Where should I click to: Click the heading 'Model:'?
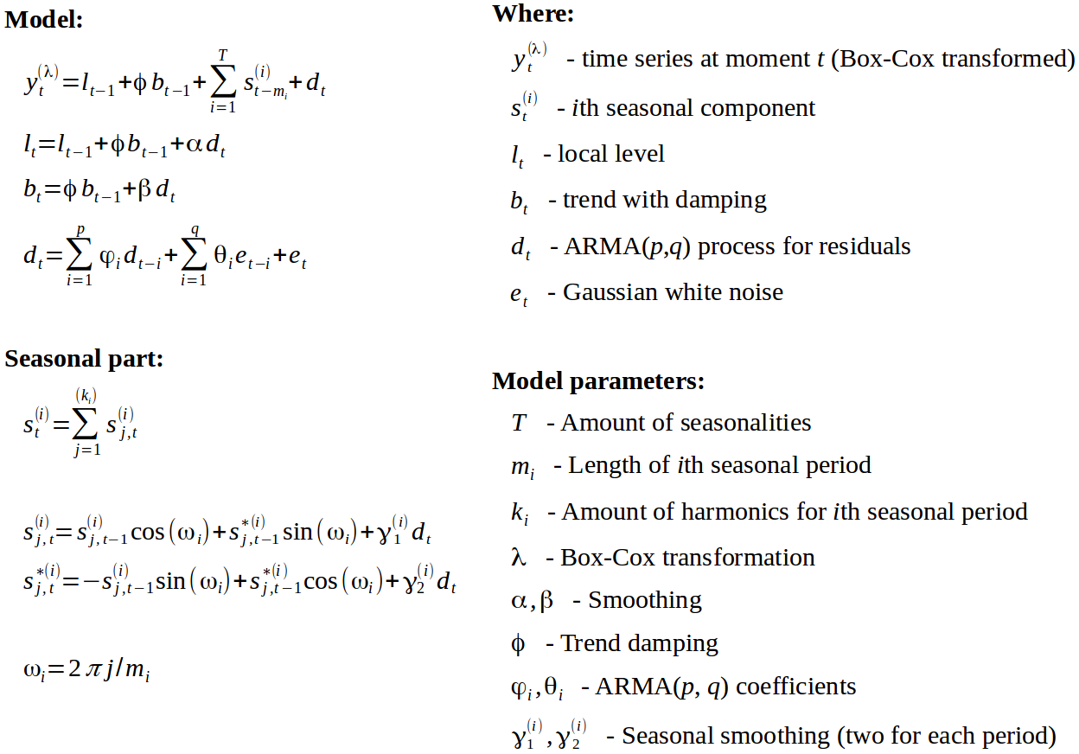click(x=44, y=19)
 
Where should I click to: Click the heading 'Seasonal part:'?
click(x=84, y=359)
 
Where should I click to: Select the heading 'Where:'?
click(x=533, y=14)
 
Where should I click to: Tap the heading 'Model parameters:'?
click(x=598, y=380)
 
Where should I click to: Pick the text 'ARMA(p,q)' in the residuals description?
click(x=628, y=246)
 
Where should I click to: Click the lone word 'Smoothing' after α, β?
click(x=645, y=599)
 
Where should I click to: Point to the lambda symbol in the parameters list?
click(x=519, y=556)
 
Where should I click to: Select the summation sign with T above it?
click(x=223, y=82)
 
